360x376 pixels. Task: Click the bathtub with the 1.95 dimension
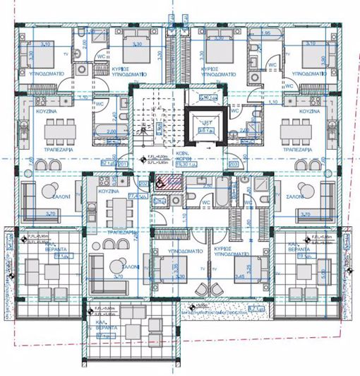pyautogui.click(x=266, y=40)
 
